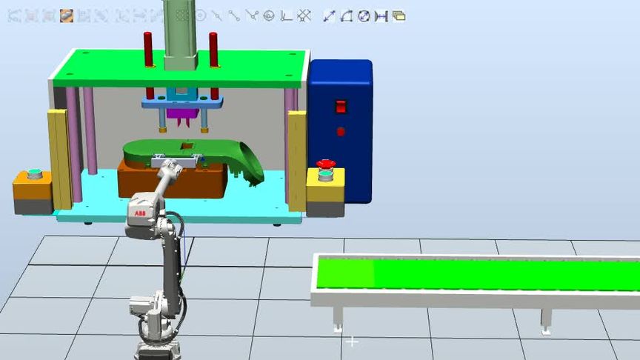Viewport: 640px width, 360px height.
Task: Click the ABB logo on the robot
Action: click(140, 213)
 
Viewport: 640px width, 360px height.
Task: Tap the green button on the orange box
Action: click(35, 173)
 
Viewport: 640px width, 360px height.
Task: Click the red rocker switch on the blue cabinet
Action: click(341, 107)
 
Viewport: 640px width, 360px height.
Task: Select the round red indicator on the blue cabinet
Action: click(341, 131)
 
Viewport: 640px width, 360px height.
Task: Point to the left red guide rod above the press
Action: click(147, 50)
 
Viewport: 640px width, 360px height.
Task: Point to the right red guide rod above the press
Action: click(213, 50)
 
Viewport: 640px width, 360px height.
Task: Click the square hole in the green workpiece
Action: click(187, 146)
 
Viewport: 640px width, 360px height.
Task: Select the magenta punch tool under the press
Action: click(182, 117)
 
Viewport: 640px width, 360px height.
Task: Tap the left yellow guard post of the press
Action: click(60, 159)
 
